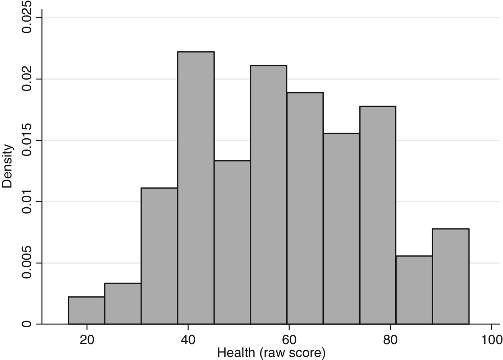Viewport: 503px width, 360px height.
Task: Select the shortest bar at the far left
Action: click(x=87, y=310)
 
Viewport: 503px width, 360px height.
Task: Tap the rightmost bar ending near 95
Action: click(x=451, y=276)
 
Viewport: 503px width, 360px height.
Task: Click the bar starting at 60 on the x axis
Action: click(x=305, y=208)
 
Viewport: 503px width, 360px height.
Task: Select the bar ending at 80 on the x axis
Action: click(x=378, y=215)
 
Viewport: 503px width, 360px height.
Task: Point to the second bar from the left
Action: click(x=123, y=304)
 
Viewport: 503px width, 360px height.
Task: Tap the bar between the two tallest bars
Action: click(x=232, y=242)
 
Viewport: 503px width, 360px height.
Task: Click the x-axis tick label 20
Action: click(x=87, y=340)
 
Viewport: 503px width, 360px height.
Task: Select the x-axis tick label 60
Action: click(x=289, y=340)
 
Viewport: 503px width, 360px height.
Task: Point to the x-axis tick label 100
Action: click(x=491, y=340)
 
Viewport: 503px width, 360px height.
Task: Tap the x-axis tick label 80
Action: click(x=390, y=340)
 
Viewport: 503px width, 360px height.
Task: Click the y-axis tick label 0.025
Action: click(x=27, y=18)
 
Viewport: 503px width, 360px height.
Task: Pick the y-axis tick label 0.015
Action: click(x=27, y=140)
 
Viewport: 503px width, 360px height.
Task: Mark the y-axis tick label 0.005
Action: click(x=27, y=263)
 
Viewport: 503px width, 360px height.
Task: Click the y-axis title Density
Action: click(x=7, y=166)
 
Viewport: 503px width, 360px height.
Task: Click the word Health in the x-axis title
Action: click(x=235, y=353)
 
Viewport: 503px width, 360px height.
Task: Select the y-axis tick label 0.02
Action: click(x=27, y=79)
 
